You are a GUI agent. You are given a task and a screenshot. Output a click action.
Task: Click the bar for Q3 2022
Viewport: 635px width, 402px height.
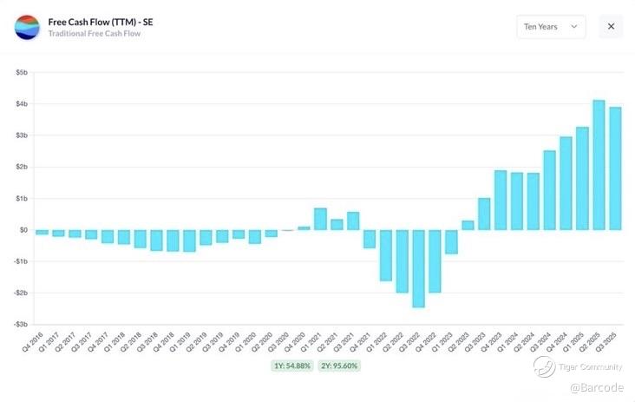[x=418, y=268]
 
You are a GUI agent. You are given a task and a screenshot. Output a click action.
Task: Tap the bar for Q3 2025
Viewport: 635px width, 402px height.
[x=615, y=168]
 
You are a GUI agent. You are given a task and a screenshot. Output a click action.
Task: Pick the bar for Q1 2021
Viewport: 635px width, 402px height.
[x=320, y=219]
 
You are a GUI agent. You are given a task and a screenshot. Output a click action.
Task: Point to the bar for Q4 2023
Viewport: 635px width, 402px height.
[x=501, y=200]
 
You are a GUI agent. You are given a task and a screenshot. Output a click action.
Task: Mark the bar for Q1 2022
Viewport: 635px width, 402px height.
[x=385, y=255]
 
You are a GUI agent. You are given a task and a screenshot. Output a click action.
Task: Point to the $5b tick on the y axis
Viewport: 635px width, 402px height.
[x=21, y=73]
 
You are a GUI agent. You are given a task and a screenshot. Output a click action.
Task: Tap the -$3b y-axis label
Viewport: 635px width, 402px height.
[x=21, y=324]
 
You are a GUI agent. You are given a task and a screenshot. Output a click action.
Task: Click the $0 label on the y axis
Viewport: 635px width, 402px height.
[x=23, y=230]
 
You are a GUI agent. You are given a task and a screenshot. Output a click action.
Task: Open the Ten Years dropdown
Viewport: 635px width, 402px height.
[x=551, y=27]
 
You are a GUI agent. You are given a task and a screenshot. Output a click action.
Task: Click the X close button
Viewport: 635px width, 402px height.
[x=611, y=27]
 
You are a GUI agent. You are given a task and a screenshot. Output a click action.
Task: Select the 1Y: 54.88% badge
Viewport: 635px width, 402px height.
[x=291, y=366]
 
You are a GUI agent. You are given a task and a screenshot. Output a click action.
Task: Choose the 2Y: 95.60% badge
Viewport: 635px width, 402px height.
[x=338, y=366]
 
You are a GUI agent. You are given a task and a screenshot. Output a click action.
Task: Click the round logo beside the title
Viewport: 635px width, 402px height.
[x=27, y=27]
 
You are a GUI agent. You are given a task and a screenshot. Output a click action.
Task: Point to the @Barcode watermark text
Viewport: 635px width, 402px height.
[x=596, y=387]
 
